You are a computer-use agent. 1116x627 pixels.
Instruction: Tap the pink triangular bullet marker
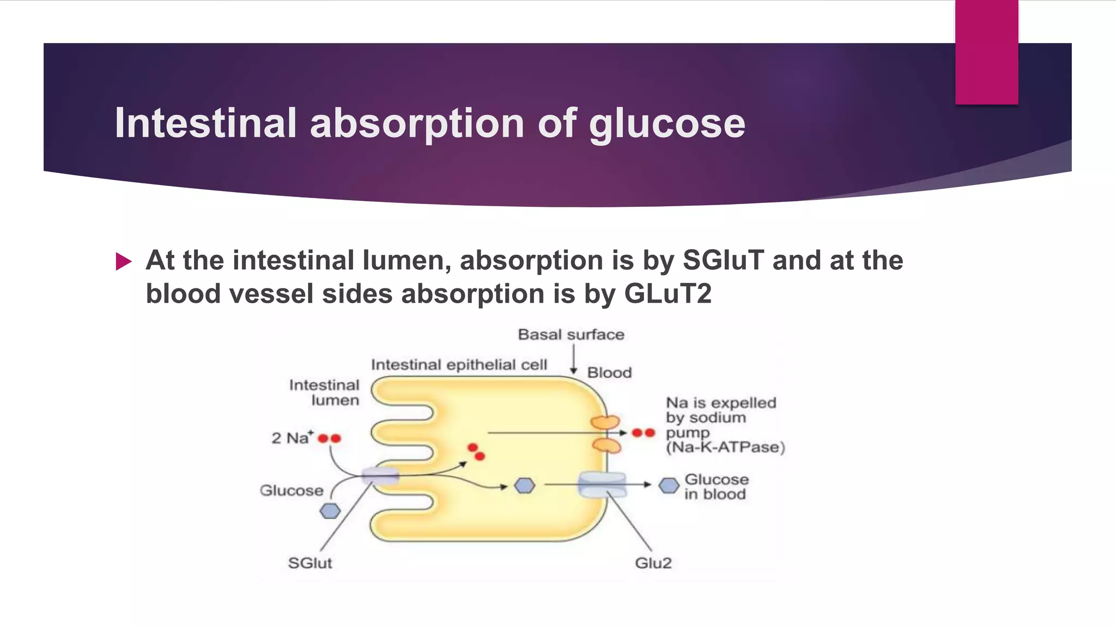(124, 262)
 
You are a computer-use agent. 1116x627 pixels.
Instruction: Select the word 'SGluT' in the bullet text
(723, 260)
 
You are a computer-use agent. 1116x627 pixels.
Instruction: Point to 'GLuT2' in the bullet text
(668, 294)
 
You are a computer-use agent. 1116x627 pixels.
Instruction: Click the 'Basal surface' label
(571, 334)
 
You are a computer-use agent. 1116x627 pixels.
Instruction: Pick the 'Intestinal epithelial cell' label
(459, 365)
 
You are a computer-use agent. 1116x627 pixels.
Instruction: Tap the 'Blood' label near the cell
(609, 373)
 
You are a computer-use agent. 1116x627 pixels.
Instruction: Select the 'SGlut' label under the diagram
(310, 563)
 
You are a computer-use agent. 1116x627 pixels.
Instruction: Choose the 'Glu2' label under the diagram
(653, 563)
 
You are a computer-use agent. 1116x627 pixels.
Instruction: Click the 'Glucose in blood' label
(716, 487)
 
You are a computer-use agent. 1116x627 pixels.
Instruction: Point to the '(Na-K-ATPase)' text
(725, 447)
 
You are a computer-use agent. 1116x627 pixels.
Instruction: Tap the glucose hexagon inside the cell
(525, 485)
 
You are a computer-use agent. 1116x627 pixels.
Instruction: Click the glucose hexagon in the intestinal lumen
(330, 511)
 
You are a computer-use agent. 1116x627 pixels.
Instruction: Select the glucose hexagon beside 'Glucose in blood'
(669, 485)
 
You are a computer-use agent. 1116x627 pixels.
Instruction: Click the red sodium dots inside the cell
(476, 452)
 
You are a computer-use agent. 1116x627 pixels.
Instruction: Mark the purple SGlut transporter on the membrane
(380, 475)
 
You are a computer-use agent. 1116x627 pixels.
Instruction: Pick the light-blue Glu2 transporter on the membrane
(602, 484)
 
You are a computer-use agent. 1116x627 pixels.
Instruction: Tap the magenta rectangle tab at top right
(986, 52)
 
